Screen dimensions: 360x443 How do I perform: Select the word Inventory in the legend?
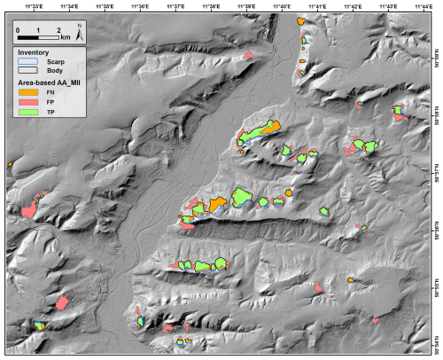pos(33,52)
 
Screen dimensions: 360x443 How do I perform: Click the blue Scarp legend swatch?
pos(29,61)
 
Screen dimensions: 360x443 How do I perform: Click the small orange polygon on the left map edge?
pos(9,165)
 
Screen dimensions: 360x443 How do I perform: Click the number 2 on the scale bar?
pos(58,31)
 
